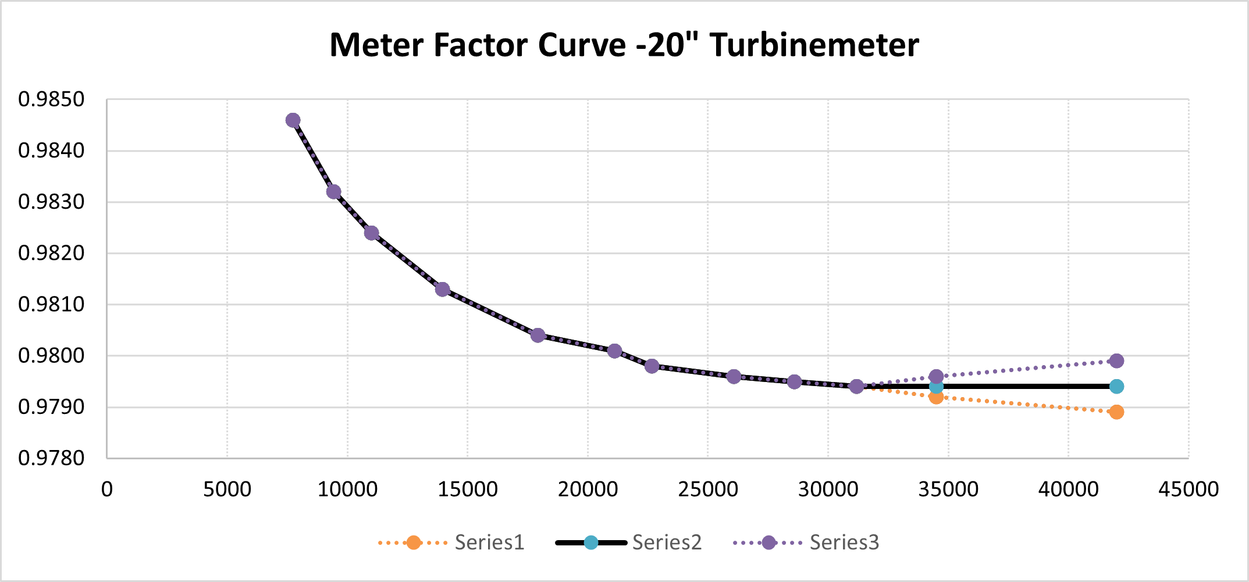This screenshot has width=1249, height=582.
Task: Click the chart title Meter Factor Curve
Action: [624, 45]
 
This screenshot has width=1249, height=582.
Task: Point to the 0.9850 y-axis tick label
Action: [51, 99]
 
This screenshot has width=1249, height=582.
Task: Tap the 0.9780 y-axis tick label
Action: [51, 458]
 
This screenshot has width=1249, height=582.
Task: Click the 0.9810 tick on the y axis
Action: [51, 304]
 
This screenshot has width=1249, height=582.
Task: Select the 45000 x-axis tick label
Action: [1188, 489]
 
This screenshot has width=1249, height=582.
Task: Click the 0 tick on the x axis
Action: [107, 489]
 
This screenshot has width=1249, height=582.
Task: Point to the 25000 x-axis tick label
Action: [707, 489]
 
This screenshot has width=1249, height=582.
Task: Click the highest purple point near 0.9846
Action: [293, 120]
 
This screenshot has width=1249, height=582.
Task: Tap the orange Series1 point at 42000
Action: [1116, 412]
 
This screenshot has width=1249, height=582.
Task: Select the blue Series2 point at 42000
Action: [1116, 387]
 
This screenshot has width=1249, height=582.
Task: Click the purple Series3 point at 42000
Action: [1116, 361]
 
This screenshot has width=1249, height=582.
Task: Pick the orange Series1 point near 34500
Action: [936, 397]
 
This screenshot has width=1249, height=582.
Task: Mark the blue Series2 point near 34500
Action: [936, 387]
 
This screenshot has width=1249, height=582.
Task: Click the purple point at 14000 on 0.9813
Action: [443, 289]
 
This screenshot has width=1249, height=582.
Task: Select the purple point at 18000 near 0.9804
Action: [538, 335]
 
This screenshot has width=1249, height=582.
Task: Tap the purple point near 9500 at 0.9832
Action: [334, 192]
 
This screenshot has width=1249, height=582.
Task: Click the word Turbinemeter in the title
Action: [814, 45]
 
